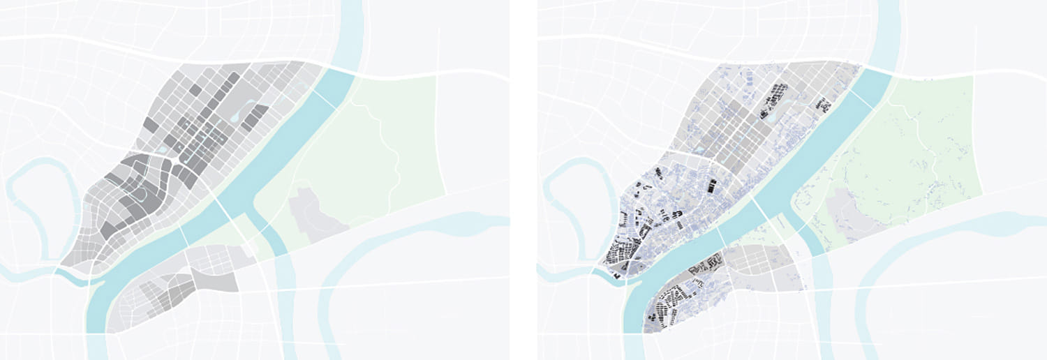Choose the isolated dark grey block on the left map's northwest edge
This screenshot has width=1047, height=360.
tap(150, 125)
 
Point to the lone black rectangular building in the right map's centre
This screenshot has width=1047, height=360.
tap(712, 186)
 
